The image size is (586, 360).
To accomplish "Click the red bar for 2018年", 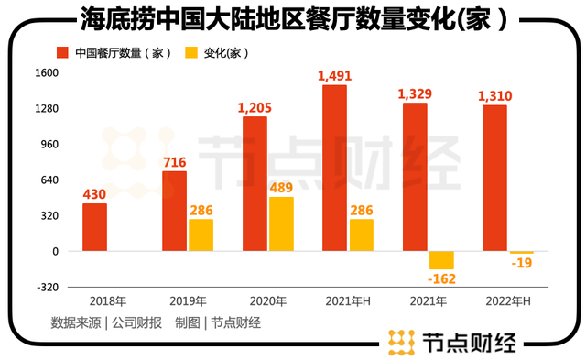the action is click(x=94, y=227).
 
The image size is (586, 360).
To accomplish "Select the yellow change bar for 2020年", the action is click(x=281, y=224).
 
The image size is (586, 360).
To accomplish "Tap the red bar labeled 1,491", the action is click(x=334, y=168).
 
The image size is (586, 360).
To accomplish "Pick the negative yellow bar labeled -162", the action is click(x=441, y=260).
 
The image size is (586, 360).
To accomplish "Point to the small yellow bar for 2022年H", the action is click(x=522, y=252).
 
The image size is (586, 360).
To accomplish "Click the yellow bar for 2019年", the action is click(x=201, y=235).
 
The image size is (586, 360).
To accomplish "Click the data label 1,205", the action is click(x=255, y=108).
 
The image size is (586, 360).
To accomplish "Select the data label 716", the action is click(x=175, y=162).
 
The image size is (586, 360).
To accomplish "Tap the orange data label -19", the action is click(x=522, y=263).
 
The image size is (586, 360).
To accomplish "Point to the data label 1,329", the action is click(x=415, y=93).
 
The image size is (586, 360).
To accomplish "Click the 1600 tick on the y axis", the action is click(x=47, y=72).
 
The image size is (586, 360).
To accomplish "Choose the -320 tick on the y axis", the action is click(x=48, y=287).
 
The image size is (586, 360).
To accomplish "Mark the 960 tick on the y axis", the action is click(x=49, y=145).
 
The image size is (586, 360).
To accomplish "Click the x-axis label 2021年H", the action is click(x=348, y=301).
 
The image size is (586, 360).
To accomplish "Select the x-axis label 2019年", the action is click(x=188, y=301).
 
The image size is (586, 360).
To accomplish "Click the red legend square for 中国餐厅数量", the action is click(x=62, y=53).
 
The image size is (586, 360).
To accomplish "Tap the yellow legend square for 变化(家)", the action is click(x=191, y=53).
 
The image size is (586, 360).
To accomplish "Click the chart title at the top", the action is click(x=295, y=18).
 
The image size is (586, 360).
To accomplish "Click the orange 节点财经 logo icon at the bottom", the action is click(x=401, y=343).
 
